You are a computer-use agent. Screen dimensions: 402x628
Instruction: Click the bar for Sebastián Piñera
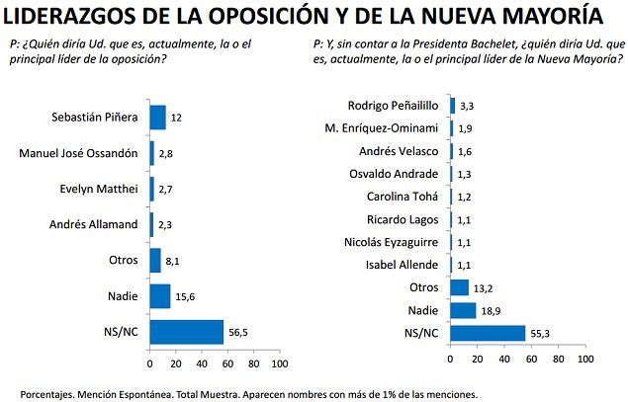pos(157,117)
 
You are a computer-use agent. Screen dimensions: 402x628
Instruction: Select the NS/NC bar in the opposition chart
pos(186,332)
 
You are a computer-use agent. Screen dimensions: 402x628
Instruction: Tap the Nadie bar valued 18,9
pos(462,310)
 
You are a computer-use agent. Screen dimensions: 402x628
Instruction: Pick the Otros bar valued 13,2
pos(459,287)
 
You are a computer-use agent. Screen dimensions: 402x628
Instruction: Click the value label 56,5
pos(237,333)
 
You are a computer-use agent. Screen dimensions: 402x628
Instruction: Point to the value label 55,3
pos(540,333)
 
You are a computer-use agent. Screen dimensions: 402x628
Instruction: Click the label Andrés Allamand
pos(95,224)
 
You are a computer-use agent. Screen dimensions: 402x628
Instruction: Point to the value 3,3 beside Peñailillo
pos(468,106)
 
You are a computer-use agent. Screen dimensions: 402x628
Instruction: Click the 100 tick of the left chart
pos(280,363)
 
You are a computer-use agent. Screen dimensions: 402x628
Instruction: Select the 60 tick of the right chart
pos(531,358)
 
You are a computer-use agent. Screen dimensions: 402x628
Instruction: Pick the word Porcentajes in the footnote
pos(51,392)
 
